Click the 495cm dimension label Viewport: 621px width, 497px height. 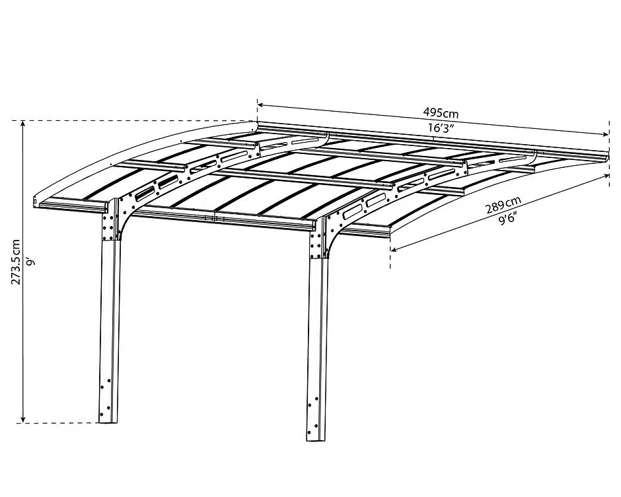pyautogui.click(x=441, y=113)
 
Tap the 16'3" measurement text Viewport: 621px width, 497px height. pyautogui.click(x=441, y=128)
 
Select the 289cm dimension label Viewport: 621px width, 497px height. pyautogui.click(x=503, y=205)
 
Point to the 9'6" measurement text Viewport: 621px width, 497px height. pyautogui.click(x=507, y=218)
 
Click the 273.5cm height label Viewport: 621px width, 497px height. pyautogui.click(x=15, y=262)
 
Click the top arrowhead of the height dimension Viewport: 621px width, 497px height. pyautogui.click(x=23, y=124)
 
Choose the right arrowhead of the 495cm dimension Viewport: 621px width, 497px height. pyautogui.click(x=605, y=135)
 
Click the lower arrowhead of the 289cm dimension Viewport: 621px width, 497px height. pyautogui.click(x=394, y=249)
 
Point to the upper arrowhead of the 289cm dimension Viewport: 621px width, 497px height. pyautogui.click(x=606, y=176)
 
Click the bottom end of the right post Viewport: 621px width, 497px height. pyautogui.click(x=316, y=439)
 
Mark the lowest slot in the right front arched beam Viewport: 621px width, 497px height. pyautogui.click(x=354, y=212)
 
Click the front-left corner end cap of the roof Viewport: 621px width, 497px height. pyautogui.click(x=36, y=202)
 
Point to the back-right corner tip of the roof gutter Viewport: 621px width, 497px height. pyautogui.click(x=608, y=155)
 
